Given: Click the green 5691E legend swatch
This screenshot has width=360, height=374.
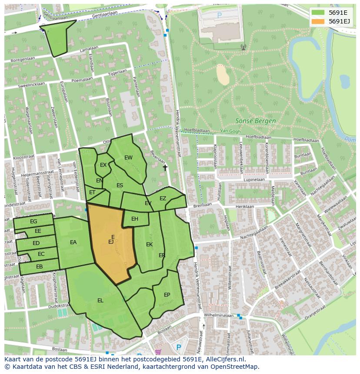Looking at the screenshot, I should (318, 13).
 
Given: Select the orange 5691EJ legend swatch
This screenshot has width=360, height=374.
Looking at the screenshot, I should (318, 21).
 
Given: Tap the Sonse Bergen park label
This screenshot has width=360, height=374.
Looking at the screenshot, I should (255, 121).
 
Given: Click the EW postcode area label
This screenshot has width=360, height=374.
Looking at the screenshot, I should (128, 158).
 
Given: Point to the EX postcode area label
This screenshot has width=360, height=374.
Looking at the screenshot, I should (103, 165).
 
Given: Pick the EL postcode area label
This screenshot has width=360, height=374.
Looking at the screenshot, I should (100, 300).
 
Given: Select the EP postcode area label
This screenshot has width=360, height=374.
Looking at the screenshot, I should (167, 295).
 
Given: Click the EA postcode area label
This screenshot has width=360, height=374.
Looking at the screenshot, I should (73, 242).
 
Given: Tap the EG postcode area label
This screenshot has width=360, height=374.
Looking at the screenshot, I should (33, 222).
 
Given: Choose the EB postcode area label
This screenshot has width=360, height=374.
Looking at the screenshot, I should (39, 267).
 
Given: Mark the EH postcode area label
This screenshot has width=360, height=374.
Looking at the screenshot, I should (135, 219).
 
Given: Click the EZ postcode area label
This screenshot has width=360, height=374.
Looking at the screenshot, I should (163, 199).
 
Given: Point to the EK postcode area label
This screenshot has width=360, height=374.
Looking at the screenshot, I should (149, 245).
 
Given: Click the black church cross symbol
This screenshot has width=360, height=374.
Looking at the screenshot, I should (165, 167).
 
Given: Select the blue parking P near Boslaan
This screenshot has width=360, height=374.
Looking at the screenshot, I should (178, 348).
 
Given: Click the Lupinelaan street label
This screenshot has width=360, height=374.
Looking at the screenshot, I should (254, 179).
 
